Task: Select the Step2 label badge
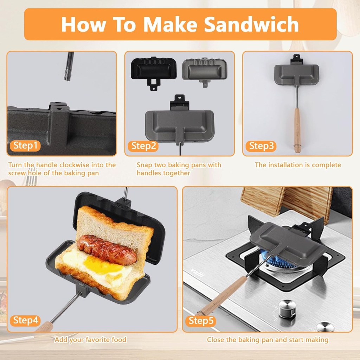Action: point(143,146)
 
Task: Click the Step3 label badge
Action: point(261,146)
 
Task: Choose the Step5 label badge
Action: point(201,320)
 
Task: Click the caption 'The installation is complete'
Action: point(297,165)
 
